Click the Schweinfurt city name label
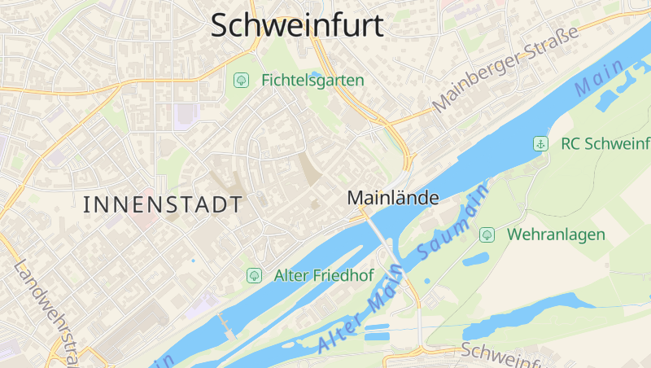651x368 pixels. [x=297, y=25]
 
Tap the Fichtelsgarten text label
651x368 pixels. [x=312, y=81]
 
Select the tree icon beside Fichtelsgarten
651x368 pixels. [x=241, y=80]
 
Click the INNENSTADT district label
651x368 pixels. [x=163, y=204]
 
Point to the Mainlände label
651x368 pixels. [x=393, y=198]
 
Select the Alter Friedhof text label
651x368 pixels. [x=324, y=275]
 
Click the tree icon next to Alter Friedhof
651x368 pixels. [x=254, y=275]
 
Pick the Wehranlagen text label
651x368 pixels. [x=557, y=234]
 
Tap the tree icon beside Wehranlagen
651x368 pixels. [x=487, y=234]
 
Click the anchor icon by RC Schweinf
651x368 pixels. [x=539, y=144]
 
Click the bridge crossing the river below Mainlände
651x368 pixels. [x=382, y=237]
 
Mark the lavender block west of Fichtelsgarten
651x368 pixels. [x=186, y=116]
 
